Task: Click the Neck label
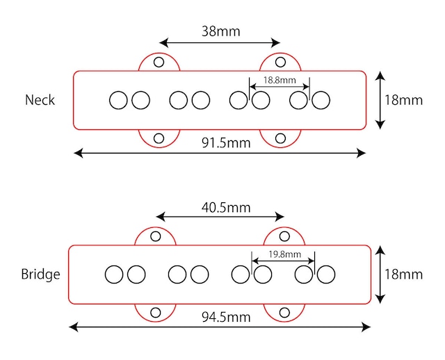pyautogui.click(x=40, y=99)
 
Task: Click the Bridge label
pyautogui.click(x=41, y=274)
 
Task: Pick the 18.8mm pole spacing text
pyautogui.click(x=280, y=80)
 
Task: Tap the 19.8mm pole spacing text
pyautogui.click(x=284, y=254)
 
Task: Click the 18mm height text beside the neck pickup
pyautogui.click(x=403, y=99)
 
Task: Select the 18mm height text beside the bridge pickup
pyautogui.click(x=403, y=274)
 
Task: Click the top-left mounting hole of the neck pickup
pyautogui.click(x=159, y=62)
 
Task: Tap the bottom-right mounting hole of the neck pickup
pyautogui.click(x=280, y=138)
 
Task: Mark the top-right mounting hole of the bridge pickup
pyautogui.click(x=284, y=236)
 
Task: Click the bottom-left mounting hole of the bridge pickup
pyautogui.click(x=156, y=311)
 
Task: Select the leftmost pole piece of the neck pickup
pyautogui.click(x=118, y=100)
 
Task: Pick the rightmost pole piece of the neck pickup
pyautogui.click(x=321, y=100)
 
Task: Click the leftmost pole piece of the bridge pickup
pyautogui.click(x=114, y=275)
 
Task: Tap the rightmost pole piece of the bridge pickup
pyautogui.click(x=325, y=275)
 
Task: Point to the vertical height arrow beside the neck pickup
pyautogui.click(x=380, y=99)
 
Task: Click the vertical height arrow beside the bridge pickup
pyautogui.click(x=380, y=274)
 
